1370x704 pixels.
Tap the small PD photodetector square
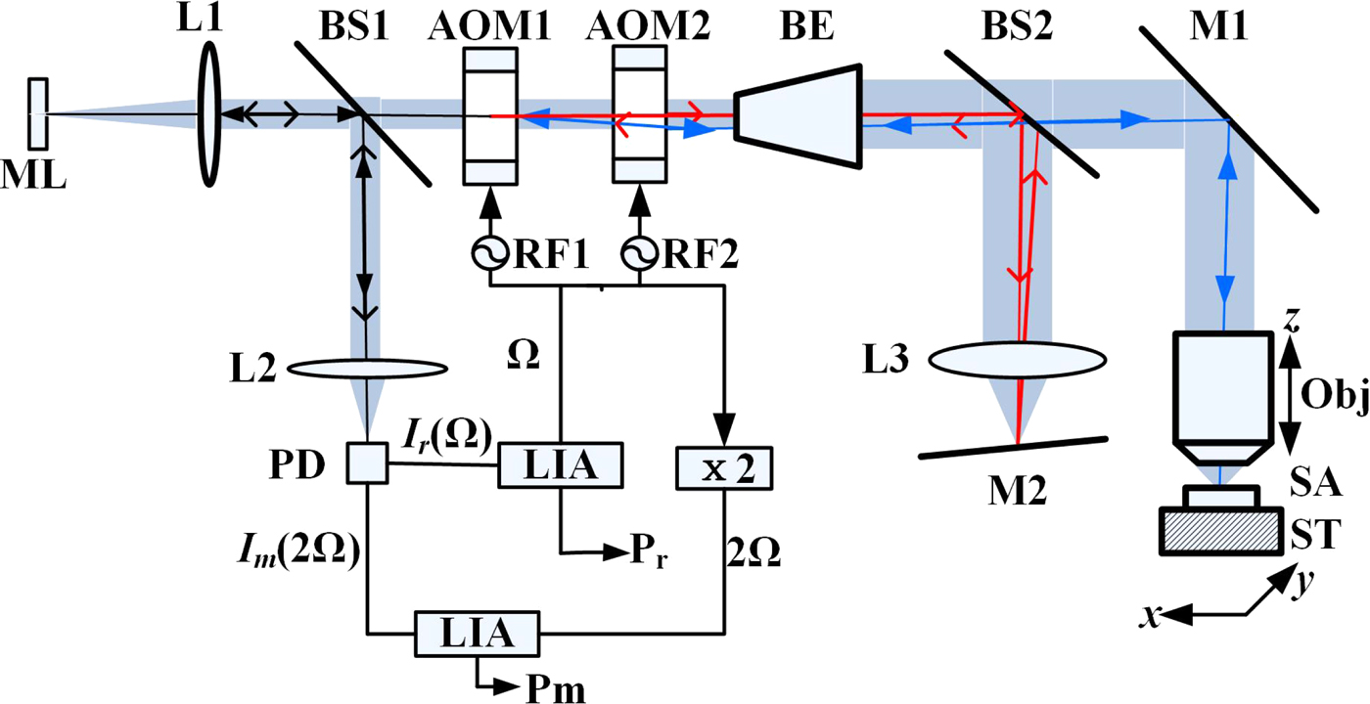tap(368, 464)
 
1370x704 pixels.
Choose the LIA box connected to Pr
tap(561, 465)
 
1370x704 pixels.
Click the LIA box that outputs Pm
tap(477, 633)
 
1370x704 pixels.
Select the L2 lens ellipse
tap(367, 369)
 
